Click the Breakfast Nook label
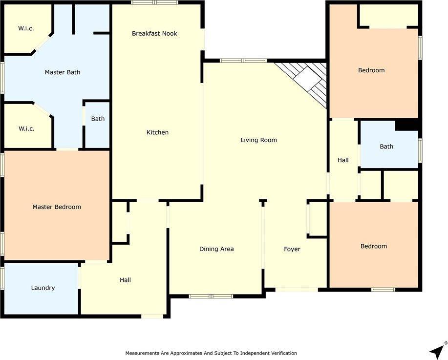154,34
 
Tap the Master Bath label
63,72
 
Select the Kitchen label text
157,132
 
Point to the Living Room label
258,140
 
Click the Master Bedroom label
57,207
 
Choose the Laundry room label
43,288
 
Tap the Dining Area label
216,249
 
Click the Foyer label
292,249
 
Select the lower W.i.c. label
26,129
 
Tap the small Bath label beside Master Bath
98,119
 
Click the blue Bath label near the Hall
386,147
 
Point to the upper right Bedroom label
371,70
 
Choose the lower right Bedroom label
374,246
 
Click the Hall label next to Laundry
125,280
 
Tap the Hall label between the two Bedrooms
343,160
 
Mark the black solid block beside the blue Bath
407,125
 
